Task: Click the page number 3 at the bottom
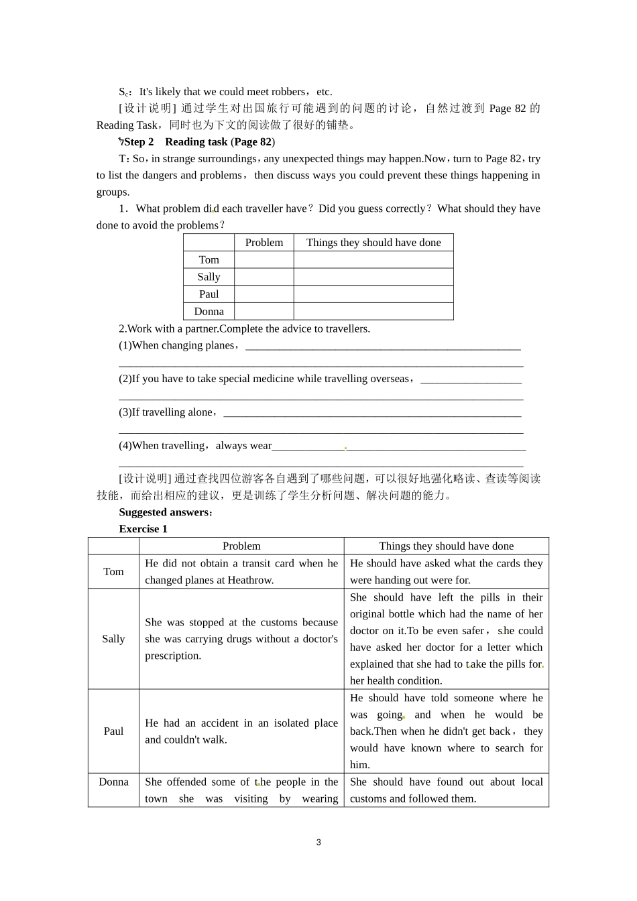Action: tap(318, 843)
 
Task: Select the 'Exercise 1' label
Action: tap(143, 529)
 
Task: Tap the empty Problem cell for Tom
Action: tap(264, 260)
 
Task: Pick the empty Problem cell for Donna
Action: tap(264, 311)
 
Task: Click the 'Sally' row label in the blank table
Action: tap(209, 277)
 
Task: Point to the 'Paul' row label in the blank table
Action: tap(209, 294)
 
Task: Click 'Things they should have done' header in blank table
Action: tap(373, 243)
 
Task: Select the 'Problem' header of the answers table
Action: tap(241, 546)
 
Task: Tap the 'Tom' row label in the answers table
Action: tap(113, 572)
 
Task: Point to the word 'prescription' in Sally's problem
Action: tap(173, 656)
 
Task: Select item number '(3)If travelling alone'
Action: tap(167, 412)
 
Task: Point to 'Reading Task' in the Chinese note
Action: tap(127, 125)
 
